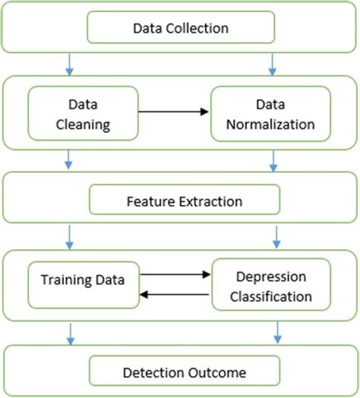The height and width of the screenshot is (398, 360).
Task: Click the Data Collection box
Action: (x=181, y=28)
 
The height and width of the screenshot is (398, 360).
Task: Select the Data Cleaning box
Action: (x=84, y=114)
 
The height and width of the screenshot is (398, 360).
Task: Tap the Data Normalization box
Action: (x=270, y=114)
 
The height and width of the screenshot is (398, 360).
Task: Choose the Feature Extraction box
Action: (x=185, y=201)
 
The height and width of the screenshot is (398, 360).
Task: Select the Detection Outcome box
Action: (x=185, y=372)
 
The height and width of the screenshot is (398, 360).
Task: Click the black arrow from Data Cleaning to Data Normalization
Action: (x=174, y=112)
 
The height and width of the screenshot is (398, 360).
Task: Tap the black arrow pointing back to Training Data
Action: (x=175, y=295)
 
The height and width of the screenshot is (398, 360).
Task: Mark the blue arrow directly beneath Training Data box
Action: (x=70, y=330)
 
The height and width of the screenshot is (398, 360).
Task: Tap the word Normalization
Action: (x=270, y=122)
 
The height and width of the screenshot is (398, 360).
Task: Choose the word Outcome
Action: (x=213, y=372)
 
